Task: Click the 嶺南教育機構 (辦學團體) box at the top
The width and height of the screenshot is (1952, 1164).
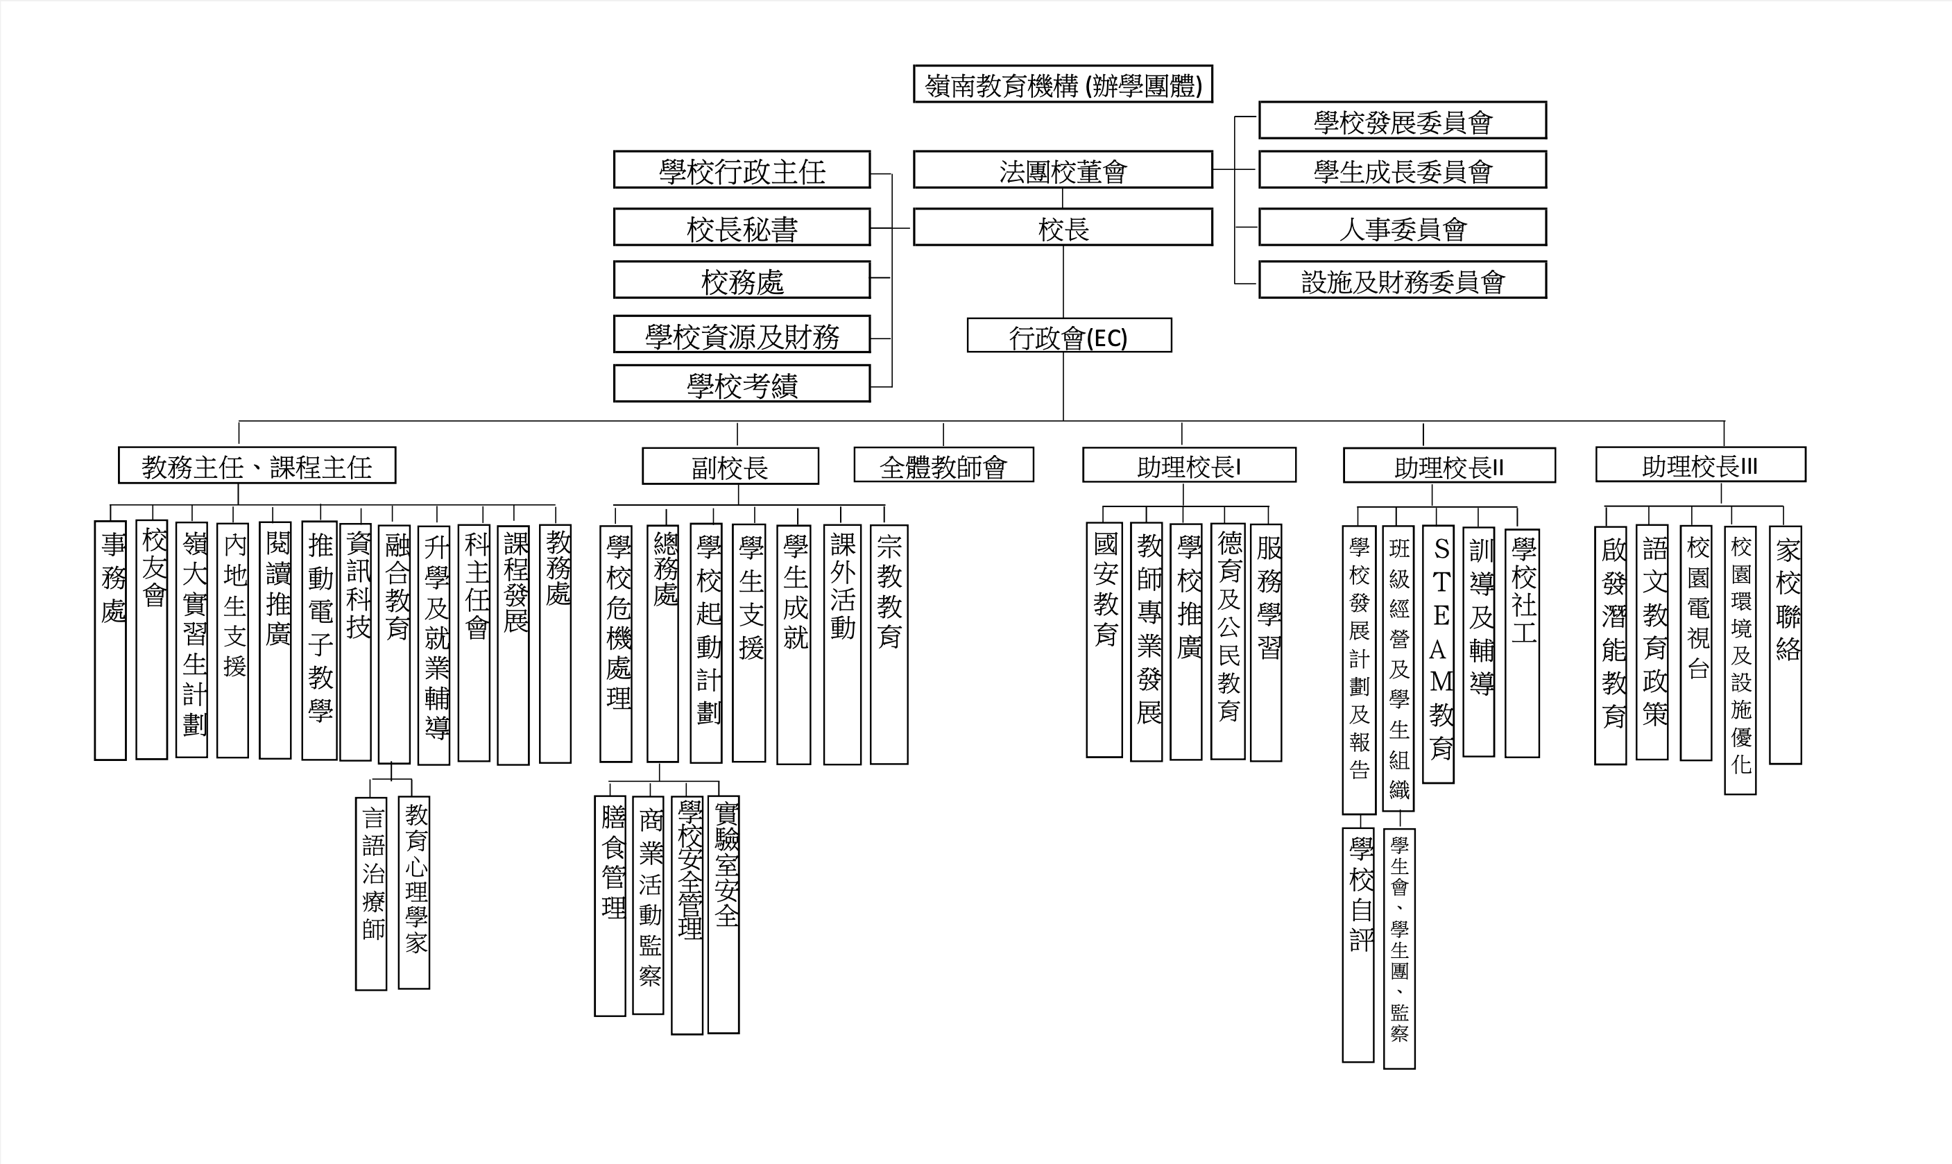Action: (x=1063, y=84)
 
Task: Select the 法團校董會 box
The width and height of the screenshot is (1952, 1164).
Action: (x=1063, y=169)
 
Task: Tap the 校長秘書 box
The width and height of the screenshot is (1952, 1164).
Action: (x=742, y=227)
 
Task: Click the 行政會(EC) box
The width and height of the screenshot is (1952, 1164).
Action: (x=1069, y=335)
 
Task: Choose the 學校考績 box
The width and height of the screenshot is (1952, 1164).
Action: (x=742, y=384)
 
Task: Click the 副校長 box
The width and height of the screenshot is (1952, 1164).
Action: (x=730, y=466)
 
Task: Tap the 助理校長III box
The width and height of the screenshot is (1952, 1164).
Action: (x=1700, y=464)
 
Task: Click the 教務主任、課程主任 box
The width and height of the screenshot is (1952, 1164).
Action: (x=257, y=465)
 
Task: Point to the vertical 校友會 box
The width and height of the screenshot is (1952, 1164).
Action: (x=151, y=640)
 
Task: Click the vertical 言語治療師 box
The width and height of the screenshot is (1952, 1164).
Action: (x=371, y=893)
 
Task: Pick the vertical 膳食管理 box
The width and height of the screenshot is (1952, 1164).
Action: (x=610, y=906)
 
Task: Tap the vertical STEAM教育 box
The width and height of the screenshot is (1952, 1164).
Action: (x=1437, y=654)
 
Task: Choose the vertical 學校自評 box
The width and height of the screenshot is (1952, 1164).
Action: (x=1358, y=945)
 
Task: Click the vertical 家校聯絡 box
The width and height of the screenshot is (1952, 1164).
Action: (x=1786, y=644)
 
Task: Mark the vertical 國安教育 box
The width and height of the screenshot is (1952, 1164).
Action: (x=1104, y=640)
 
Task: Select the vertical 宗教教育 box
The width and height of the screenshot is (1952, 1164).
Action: (x=889, y=644)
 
